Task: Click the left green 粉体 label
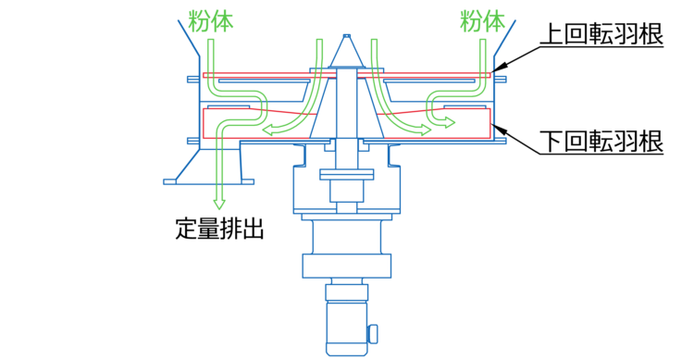[x=211, y=20]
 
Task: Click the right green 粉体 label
[x=482, y=20]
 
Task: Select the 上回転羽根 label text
[x=602, y=34]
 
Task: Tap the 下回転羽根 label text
[x=602, y=141]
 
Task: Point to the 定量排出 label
[x=219, y=228]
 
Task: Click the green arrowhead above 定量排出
[x=219, y=204]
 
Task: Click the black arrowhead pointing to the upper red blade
[x=499, y=68]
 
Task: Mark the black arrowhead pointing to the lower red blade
[x=499, y=130]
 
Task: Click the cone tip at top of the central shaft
[x=347, y=36]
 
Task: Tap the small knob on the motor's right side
[x=373, y=334]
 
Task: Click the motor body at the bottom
[x=347, y=328]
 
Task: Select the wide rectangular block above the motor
[x=347, y=266]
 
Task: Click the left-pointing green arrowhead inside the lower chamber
[x=267, y=130]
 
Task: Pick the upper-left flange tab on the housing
[x=193, y=80]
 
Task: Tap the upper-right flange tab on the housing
[x=501, y=80]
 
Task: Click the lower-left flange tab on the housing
[x=193, y=141]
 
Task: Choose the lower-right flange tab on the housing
[x=501, y=141]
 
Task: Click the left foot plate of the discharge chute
[x=170, y=181]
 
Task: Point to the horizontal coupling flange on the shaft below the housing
[x=347, y=175]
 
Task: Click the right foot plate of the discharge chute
[x=247, y=181]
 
